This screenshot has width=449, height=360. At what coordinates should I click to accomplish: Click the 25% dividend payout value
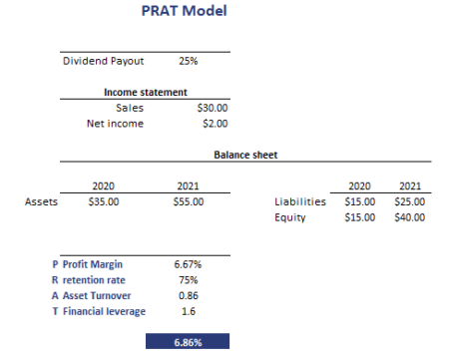[188, 61]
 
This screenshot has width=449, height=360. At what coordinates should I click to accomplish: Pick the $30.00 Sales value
[213, 107]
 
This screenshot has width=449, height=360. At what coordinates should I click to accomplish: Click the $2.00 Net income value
[216, 124]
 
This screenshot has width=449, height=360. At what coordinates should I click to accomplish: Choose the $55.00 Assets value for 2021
[188, 201]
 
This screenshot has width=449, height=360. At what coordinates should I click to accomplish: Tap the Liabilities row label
[300, 201]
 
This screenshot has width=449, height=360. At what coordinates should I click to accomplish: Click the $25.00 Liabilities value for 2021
[410, 201]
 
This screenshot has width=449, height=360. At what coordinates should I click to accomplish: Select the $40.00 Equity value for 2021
[410, 216]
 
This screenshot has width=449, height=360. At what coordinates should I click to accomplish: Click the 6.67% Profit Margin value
[188, 264]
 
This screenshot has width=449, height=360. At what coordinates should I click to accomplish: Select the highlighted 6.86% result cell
[188, 341]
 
